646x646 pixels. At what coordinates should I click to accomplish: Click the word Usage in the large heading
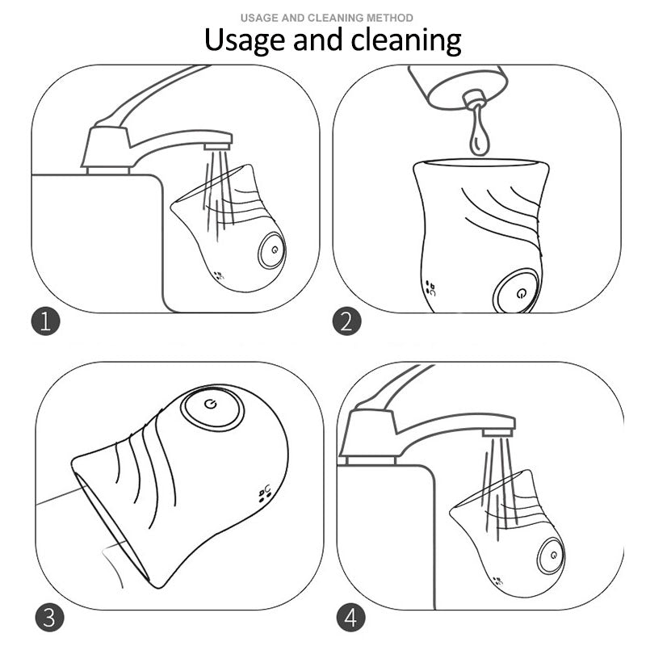[x=245, y=40]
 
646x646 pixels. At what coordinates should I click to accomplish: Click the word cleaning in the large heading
[x=406, y=40]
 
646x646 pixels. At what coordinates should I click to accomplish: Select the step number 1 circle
[x=46, y=321]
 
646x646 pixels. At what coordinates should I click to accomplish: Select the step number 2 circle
[x=347, y=321]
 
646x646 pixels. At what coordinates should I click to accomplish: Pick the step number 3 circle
[x=49, y=618]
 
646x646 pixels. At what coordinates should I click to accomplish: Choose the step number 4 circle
[x=350, y=618]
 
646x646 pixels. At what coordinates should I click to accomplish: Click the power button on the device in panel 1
[x=272, y=250]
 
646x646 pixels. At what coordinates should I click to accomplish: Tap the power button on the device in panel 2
[x=517, y=292]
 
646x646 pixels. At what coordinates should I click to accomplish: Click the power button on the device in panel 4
[x=552, y=556]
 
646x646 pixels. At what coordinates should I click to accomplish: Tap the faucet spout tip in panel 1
[x=217, y=146]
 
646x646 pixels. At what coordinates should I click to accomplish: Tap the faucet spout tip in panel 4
[x=497, y=432]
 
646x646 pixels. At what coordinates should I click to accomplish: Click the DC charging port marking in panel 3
[x=265, y=493]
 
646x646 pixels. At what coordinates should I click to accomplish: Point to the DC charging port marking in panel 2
[x=430, y=288]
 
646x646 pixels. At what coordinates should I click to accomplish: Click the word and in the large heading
[x=318, y=40]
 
